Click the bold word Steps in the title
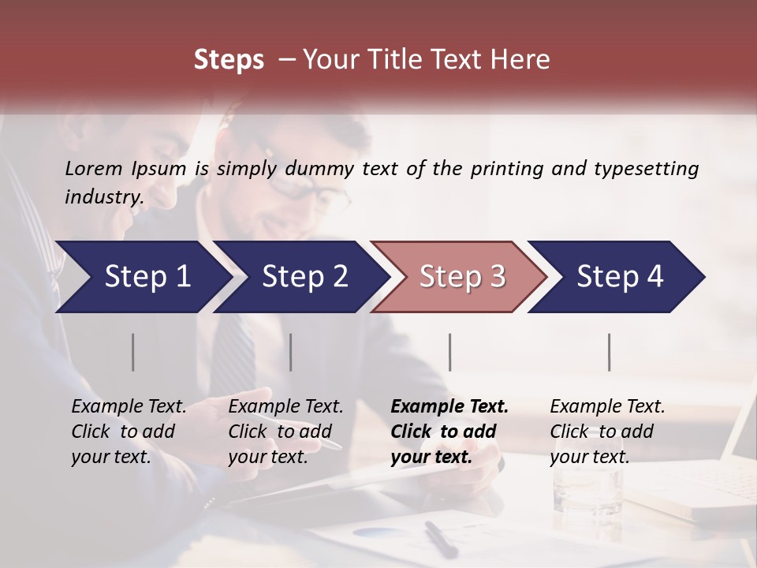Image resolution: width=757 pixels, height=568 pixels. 229,60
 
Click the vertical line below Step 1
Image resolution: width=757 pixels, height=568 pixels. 133,352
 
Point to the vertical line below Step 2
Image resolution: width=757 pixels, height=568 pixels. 291,352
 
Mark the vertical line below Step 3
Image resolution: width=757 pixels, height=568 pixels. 449,352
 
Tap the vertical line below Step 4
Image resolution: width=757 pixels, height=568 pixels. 610,352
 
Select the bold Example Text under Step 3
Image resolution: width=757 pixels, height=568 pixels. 449,432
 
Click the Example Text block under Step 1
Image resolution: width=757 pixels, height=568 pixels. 129,432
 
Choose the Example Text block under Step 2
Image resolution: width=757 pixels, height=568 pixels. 285,432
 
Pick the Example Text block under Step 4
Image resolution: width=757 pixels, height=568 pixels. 607,432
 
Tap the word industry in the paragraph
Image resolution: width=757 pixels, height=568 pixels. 104,196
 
